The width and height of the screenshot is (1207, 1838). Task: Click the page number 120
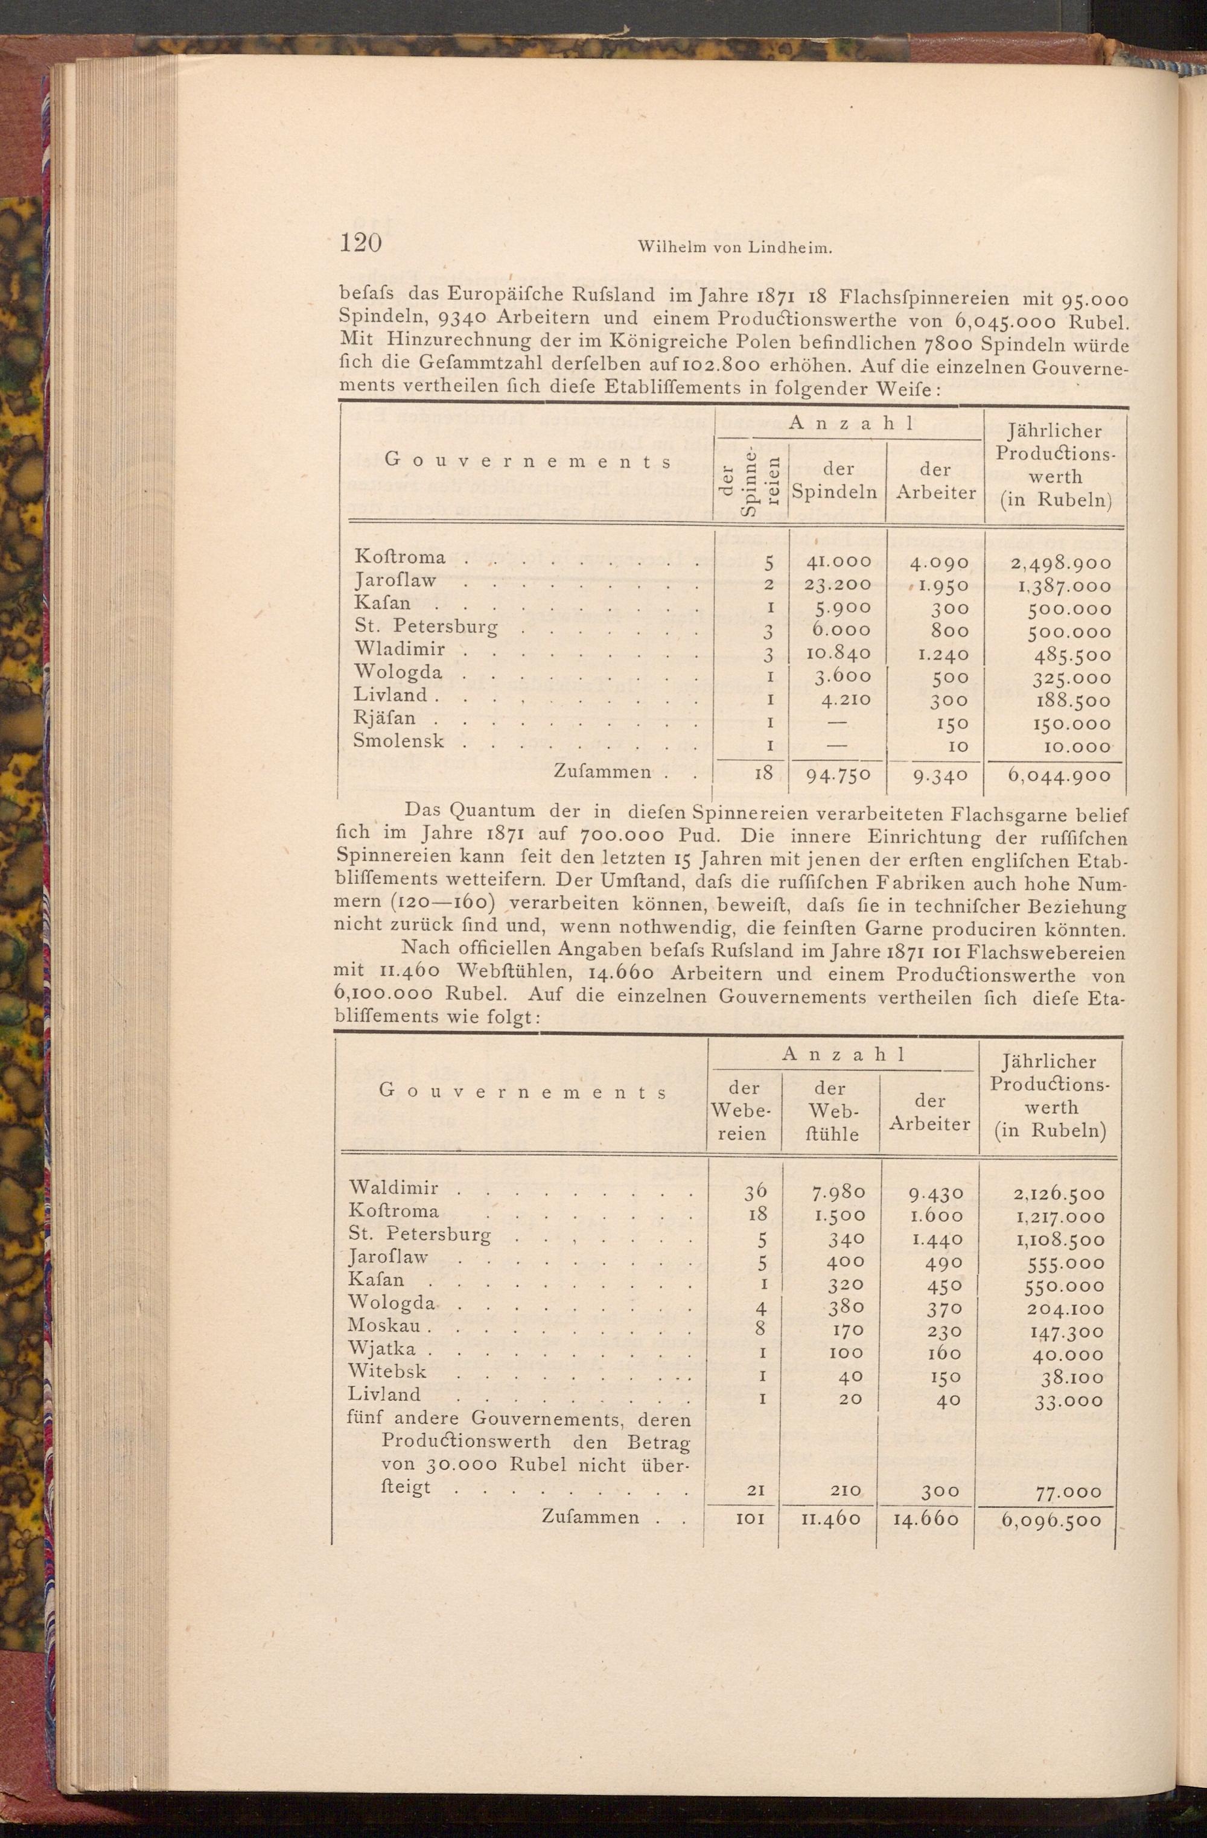point(361,243)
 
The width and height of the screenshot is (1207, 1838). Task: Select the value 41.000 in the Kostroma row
point(837,562)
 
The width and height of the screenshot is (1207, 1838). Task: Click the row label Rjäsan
point(384,718)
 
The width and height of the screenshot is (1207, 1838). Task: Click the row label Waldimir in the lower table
point(394,1187)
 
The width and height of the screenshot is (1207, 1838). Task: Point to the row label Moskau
point(384,1324)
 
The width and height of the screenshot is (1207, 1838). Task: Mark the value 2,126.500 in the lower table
point(1058,1194)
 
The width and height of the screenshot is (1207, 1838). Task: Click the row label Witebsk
point(387,1371)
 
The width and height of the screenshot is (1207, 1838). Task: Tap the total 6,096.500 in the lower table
point(1050,1752)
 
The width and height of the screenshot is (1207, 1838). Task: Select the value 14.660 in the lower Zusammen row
point(925,1751)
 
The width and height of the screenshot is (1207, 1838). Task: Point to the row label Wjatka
point(382,1349)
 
